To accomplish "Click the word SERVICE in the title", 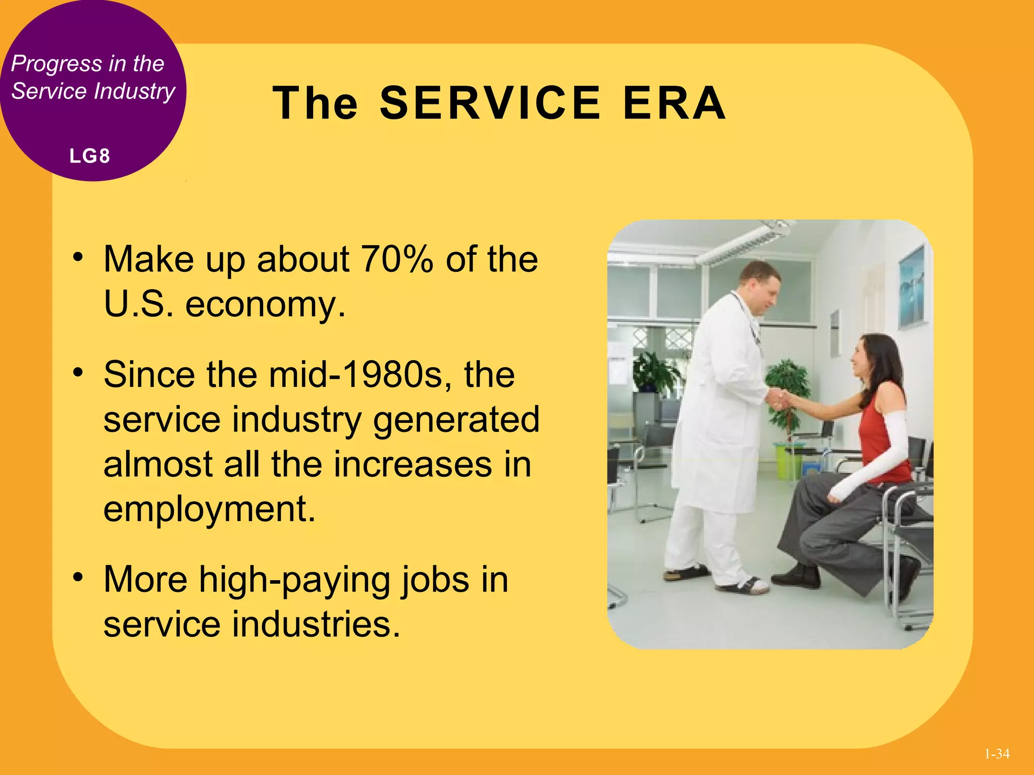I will click(x=490, y=103).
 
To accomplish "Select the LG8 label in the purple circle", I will click(x=90, y=156).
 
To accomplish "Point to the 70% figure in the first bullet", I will click(x=397, y=259).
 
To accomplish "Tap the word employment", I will click(x=209, y=509).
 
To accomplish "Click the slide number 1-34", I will click(x=997, y=754).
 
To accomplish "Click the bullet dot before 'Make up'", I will click(x=77, y=257).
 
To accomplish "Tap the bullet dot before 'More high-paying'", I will click(x=77, y=576).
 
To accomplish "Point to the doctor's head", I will click(x=760, y=286).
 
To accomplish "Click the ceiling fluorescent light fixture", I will click(x=742, y=242).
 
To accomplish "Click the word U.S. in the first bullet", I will click(x=135, y=304).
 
